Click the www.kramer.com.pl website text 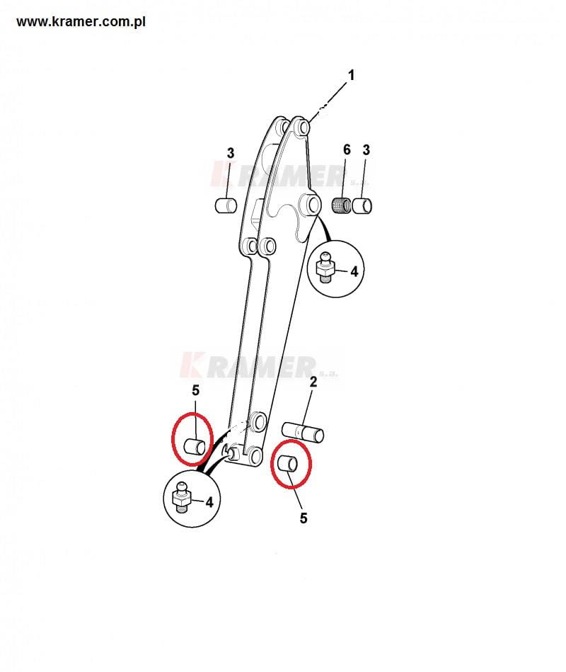[x=81, y=22]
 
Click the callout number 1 [x=351, y=76]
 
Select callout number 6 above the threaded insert [x=347, y=149]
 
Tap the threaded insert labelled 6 [x=342, y=205]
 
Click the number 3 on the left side [x=231, y=153]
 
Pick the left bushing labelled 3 [x=226, y=205]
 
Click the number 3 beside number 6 [x=366, y=150]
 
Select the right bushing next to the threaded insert [x=362, y=206]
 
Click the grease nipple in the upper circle [x=326, y=266]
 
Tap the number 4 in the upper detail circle [x=354, y=272]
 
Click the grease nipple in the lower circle [x=181, y=497]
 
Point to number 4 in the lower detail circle [x=209, y=502]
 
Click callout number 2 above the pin [x=313, y=382]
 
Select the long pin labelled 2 [x=303, y=431]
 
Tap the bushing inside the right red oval [x=288, y=464]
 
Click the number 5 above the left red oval [x=196, y=390]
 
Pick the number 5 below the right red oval [x=304, y=518]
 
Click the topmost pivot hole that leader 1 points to [x=303, y=127]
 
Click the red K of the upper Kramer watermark [x=221, y=173]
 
